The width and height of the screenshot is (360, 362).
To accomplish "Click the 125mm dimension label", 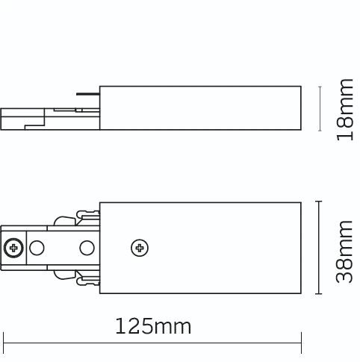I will click(x=153, y=326).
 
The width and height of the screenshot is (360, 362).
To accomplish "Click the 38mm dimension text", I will click(x=344, y=251).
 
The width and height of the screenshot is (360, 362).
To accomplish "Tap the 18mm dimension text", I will click(x=344, y=109).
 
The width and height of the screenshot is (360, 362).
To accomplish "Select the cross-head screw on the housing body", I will click(x=138, y=247).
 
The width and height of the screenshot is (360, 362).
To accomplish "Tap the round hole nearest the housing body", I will click(x=87, y=247).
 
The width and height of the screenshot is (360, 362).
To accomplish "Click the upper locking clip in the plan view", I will click(x=74, y=219).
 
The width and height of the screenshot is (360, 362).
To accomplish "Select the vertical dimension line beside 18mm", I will click(x=320, y=109).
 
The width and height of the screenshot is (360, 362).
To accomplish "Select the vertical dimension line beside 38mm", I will click(x=320, y=247).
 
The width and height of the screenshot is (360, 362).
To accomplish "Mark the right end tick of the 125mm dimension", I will click(x=301, y=343).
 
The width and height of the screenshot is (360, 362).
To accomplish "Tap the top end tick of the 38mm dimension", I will click(x=320, y=200).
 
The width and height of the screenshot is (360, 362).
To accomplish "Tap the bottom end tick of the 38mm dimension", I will click(x=320, y=294).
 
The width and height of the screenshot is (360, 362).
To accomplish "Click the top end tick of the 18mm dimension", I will click(x=320, y=87).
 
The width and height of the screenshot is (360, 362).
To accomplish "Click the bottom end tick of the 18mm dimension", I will click(x=320, y=131).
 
